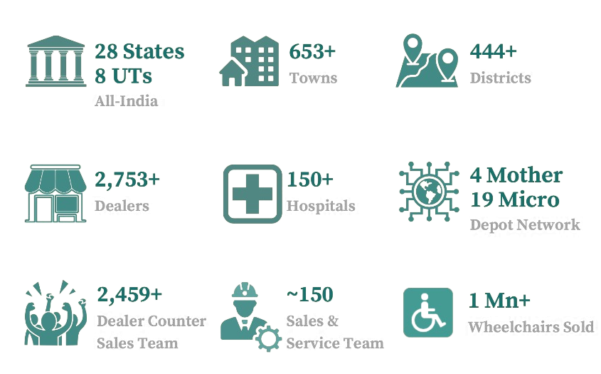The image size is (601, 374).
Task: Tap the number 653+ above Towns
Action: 313,52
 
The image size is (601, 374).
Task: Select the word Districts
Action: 500,78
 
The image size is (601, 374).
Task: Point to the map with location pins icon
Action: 426,61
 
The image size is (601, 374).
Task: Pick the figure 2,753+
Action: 127,180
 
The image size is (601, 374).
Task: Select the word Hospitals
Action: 320,206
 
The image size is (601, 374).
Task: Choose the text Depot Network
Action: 524,225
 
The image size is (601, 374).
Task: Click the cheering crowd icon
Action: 55,313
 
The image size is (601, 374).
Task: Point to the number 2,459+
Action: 129,294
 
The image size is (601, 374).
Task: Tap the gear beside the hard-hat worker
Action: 268,338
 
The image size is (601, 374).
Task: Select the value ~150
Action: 309,294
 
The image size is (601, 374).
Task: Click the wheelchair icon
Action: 427,312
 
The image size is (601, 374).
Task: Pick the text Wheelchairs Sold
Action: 530,327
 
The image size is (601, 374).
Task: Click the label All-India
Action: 126,100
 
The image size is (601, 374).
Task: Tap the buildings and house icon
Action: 248,61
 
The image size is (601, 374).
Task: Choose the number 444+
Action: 493,52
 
